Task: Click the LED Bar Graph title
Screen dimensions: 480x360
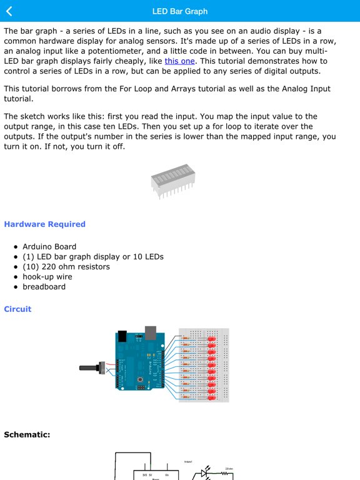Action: [x=180, y=11]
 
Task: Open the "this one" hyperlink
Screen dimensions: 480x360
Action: [x=180, y=61]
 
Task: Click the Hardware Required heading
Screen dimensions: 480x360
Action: [x=44, y=224]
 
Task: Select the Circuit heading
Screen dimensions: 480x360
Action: [x=17, y=309]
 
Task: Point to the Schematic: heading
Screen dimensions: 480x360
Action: [x=27, y=434]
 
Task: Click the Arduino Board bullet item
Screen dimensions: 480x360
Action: [x=49, y=247]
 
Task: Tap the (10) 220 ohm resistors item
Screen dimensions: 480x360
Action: [x=66, y=267]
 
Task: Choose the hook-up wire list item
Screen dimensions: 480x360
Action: [x=47, y=277]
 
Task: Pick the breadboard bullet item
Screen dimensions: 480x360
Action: [x=44, y=287]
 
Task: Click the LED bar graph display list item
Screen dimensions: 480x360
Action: [x=93, y=257]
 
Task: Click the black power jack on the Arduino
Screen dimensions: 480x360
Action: [x=123, y=336]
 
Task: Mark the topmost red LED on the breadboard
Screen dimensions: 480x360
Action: [x=211, y=339]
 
